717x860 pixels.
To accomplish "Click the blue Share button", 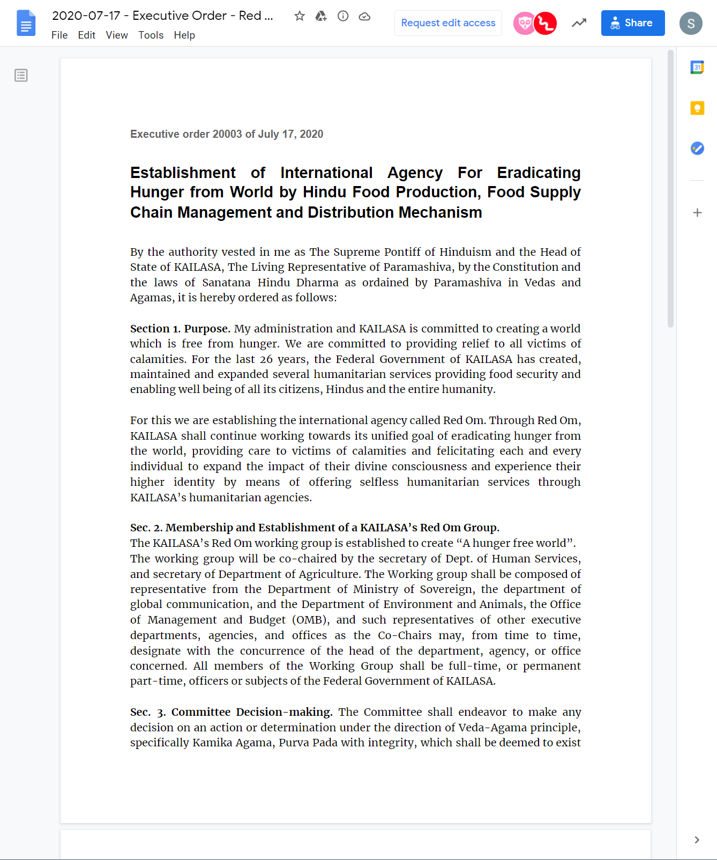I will [x=632, y=23].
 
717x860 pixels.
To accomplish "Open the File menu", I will [x=59, y=35].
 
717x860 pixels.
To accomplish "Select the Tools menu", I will [x=151, y=35].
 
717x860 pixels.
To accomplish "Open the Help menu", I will [x=184, y=35].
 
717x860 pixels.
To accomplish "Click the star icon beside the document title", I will [x=300, y=16].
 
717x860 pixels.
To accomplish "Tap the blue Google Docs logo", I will [x=26, y=23].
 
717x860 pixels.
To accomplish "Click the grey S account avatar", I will [x=690, y=24].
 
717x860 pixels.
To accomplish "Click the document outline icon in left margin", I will [x=21, y=75].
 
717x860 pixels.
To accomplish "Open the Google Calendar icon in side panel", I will [x=697, y=68].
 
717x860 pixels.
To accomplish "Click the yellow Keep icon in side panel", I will [x=697, y=108].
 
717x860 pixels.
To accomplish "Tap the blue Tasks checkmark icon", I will [x=697, y=148].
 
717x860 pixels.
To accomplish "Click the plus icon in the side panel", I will [x=697, y=213].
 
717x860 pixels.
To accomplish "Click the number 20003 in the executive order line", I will [x=227, y=134].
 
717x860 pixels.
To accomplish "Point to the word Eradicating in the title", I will [x=539, y=173].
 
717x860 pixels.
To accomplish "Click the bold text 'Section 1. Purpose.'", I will [x=180, y=329].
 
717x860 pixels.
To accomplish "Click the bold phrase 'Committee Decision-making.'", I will [x=251, y=712].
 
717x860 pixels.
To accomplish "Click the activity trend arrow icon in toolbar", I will [x=579, y=23].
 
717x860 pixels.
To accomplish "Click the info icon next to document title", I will [x=343, y=16].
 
